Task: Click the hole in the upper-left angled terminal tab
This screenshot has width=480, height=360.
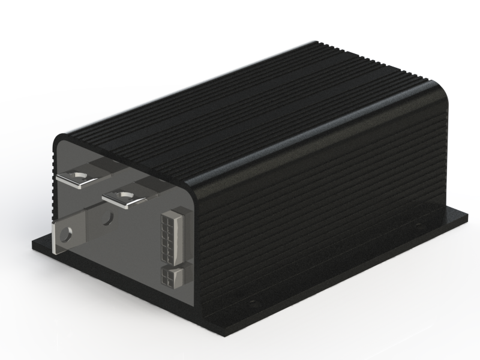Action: click(x=77, y=176)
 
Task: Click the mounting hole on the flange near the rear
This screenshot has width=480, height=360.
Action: click(x=418, y=226)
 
